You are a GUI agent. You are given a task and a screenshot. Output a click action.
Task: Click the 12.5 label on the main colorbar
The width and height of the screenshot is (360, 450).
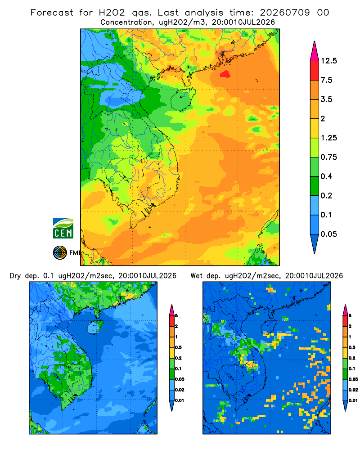coord(328,61)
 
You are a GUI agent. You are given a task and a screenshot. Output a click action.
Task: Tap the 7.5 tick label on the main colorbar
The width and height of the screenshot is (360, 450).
coord(326,80)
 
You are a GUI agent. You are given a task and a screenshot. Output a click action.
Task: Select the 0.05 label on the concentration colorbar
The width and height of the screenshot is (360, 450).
coord(328,234)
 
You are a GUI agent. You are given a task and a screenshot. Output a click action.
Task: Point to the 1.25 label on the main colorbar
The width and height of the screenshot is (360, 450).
coord(328,138)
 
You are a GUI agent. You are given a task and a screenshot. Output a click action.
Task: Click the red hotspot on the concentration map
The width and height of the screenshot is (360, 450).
coord(225,74)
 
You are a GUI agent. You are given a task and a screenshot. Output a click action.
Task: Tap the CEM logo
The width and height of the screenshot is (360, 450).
coord(63,229)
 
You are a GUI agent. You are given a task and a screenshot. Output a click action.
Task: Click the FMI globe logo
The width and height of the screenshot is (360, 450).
coord(60,252)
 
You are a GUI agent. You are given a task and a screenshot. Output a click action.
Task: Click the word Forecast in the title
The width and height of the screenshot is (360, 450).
coord(52,13)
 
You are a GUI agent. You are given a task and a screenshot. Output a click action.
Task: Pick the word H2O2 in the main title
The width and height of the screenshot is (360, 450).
coord(112,13)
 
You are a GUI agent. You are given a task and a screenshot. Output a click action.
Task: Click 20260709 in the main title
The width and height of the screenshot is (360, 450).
coord(285,13)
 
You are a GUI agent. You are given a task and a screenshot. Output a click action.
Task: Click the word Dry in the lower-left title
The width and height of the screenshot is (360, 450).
coord(15,276)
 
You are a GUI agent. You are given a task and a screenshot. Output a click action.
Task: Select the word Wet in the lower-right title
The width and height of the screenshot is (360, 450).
coord(196,275)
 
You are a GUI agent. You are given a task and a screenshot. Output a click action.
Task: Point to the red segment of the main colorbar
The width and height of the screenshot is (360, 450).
coord(315,71)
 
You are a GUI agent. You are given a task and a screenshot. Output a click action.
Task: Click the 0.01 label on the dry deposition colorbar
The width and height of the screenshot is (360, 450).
coord(180,400)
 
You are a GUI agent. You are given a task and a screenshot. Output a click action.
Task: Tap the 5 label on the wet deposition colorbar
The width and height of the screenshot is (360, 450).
coord(350,316)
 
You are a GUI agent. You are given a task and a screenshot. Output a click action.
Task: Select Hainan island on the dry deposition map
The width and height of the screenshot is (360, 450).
coord(95,328)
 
